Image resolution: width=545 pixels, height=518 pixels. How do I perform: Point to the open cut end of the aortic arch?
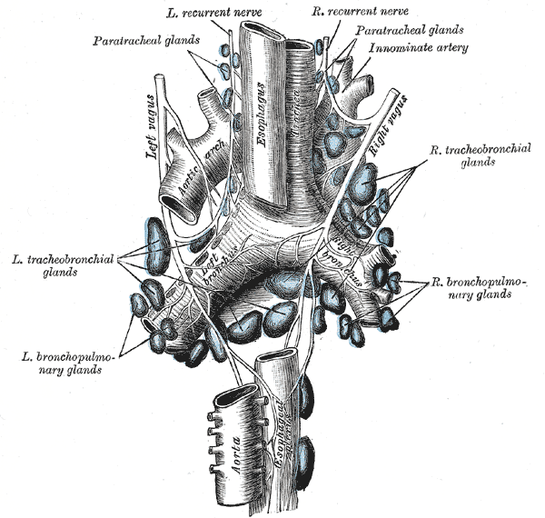[x=178, y=207]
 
